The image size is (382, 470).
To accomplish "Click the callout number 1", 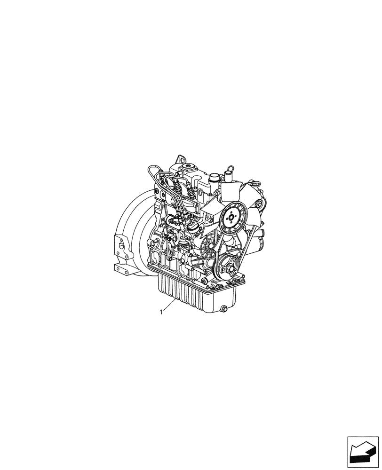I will [x=162, y=311].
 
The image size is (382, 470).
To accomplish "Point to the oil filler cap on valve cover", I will [x=192, y=167].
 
